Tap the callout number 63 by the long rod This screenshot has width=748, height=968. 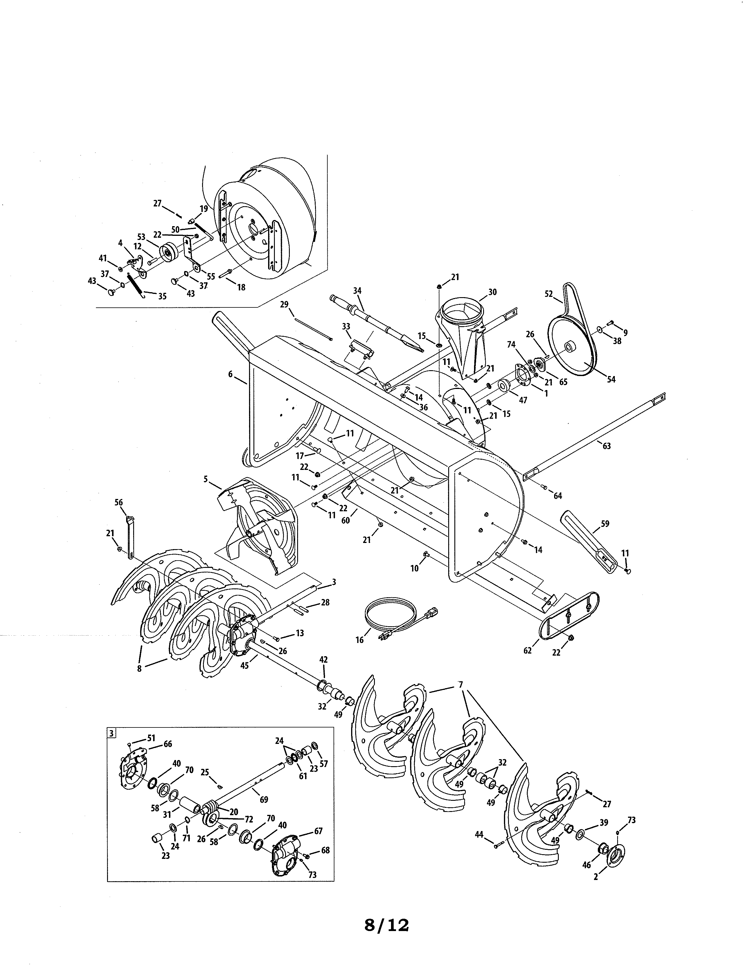(x=607, y=446)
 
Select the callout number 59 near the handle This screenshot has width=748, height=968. (x=605, y=523)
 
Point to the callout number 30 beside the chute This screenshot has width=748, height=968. (x=492, y=292)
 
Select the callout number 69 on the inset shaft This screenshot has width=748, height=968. (x=264, y=800)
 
